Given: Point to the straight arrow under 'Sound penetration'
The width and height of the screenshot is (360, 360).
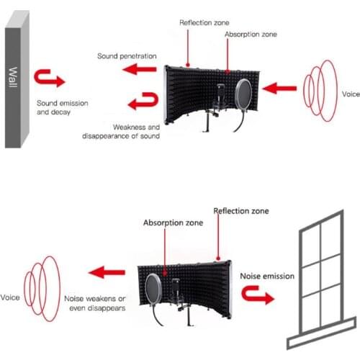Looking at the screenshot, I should coord(140,70).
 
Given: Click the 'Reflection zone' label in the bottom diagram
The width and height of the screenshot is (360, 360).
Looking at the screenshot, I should coord(240,211).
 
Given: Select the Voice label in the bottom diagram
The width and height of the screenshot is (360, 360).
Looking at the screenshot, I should coord(12,297).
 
